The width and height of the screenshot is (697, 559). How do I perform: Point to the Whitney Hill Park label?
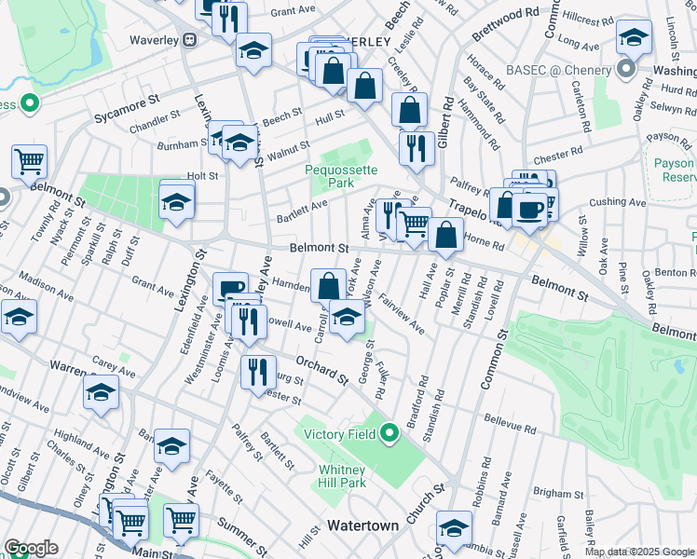342,476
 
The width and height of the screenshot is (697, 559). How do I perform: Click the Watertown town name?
362,525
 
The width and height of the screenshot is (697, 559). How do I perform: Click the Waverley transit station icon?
189,40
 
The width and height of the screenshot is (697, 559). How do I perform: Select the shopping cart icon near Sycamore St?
29,161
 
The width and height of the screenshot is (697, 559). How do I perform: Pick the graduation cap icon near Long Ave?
634,37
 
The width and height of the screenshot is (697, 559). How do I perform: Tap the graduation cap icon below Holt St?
176,200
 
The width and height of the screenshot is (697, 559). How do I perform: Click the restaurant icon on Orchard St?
258,371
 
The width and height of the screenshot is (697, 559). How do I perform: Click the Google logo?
31,548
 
